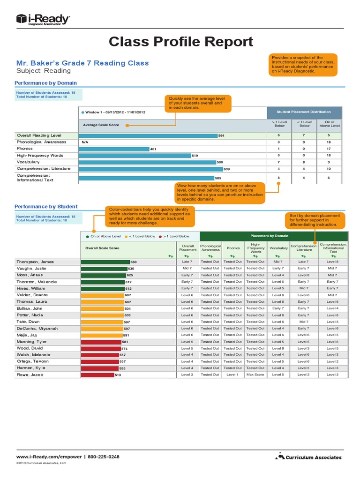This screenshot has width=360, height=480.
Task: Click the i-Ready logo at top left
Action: (43, 19)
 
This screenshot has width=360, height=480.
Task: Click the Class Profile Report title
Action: (180, 42)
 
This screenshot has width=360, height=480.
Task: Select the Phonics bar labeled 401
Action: (114, 149)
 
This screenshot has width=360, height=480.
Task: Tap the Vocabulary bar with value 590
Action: (147, 162)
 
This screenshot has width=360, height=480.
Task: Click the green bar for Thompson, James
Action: (105, 262)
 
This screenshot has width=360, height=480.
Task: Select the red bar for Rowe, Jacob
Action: (97, 375)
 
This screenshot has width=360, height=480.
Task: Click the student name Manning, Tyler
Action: (32, 342)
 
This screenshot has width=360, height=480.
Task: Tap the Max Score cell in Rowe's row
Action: (255, 375)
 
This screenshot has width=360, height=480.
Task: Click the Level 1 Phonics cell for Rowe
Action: (233, 375)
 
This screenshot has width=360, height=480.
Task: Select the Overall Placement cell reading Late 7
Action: (187, 262)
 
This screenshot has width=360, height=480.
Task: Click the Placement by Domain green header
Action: (273, 236)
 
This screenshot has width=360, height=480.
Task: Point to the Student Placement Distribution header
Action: (303, 112)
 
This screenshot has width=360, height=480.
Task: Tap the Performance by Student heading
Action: (46, 206)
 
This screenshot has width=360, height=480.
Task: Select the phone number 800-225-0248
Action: (104, 456)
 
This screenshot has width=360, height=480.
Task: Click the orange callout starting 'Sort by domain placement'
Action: (315, 220)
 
